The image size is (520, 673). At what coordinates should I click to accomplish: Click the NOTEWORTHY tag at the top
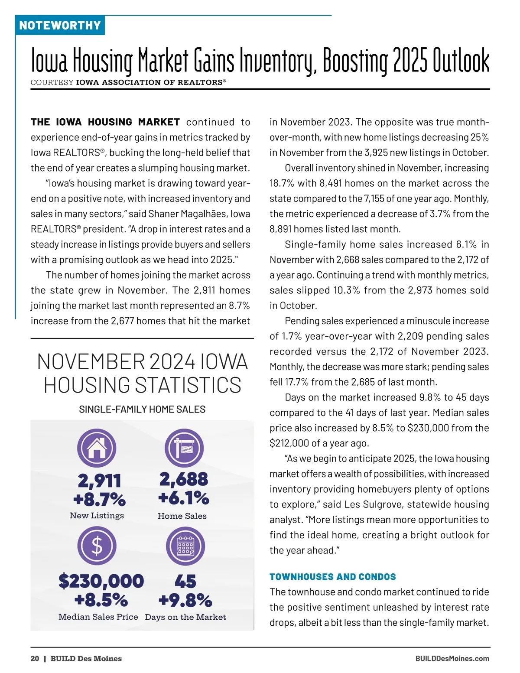pos(60,26)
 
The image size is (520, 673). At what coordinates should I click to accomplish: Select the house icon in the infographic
pos(97,448)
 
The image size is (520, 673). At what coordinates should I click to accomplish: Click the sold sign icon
pos(184,448)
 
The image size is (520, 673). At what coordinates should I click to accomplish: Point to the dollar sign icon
pos(97,546)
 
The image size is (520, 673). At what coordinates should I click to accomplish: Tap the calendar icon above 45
pos(185,546)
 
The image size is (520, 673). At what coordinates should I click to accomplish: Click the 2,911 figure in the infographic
pos(99,481)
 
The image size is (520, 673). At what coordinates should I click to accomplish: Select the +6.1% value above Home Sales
pos(184,498)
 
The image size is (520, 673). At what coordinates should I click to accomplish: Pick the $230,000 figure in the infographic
pos(101,581)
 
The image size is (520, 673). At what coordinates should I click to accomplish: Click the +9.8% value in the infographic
pos(185,600)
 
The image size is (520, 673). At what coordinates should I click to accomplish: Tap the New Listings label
pos(97,516)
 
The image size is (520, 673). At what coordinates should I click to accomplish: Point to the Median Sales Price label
pos(98,617)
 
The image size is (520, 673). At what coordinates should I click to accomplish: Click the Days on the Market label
pos(185,617)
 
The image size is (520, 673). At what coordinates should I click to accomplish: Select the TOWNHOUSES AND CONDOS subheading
pos(332,577)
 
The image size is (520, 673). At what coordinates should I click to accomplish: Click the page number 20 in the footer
pos(35,659)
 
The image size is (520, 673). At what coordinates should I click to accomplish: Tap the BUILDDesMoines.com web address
pos(452,659)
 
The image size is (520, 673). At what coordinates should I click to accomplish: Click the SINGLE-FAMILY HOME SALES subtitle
pos(142,410)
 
